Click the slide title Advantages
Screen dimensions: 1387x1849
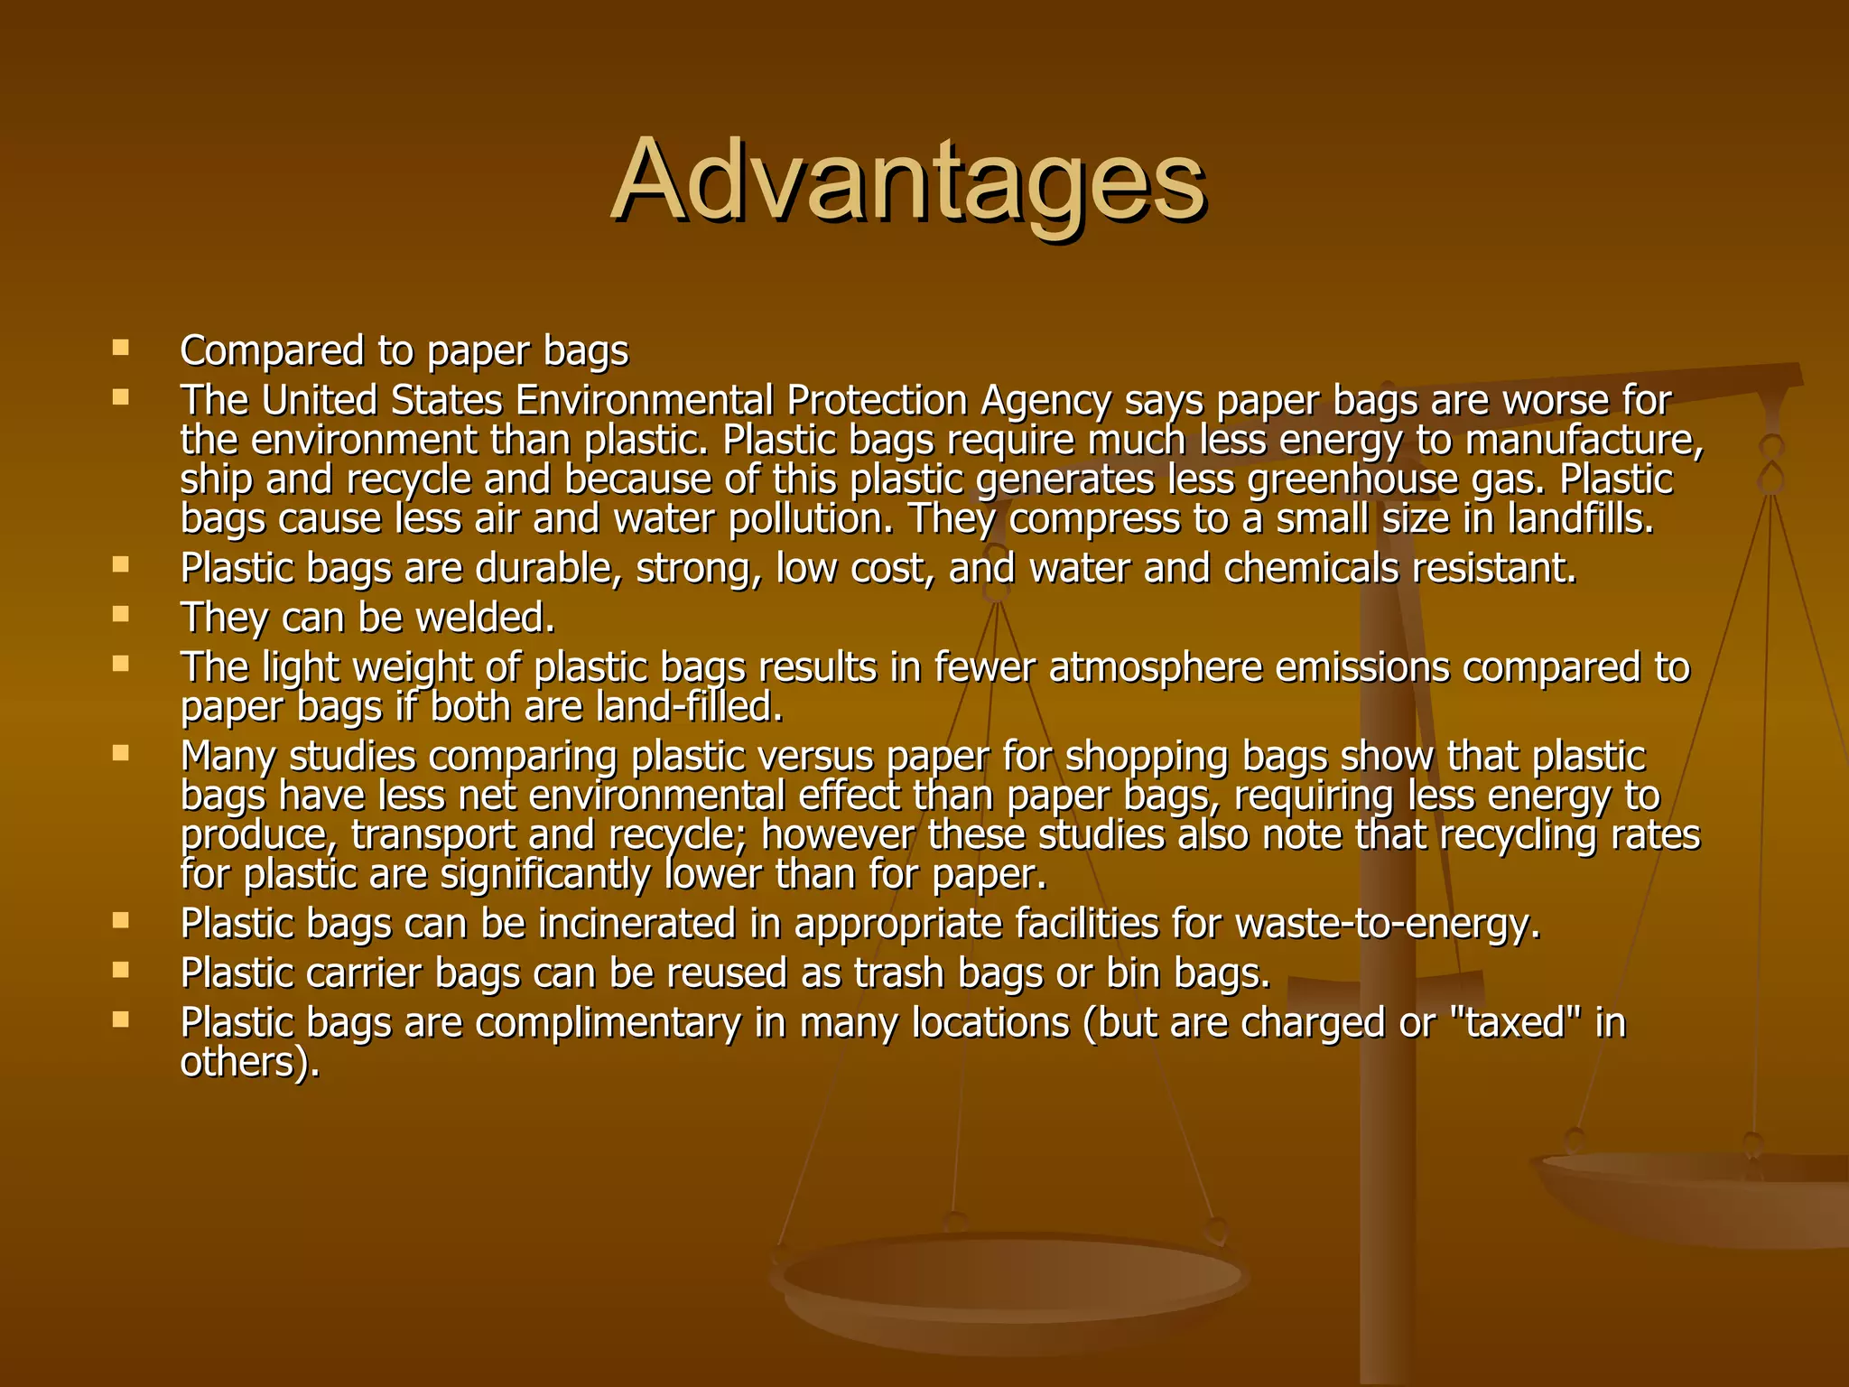coord(907,181)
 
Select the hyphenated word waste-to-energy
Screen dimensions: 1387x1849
coord(1387,924)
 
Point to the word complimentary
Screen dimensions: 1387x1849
coord(608,1023)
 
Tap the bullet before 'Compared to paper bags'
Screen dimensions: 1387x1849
coord(120,347)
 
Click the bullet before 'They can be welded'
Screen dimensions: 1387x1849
coord(120,614)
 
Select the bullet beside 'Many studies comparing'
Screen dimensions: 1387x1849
coord(120,752)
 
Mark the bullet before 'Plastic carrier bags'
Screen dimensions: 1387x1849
coord(120,970)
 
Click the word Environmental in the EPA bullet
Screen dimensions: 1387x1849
coord(645,401)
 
